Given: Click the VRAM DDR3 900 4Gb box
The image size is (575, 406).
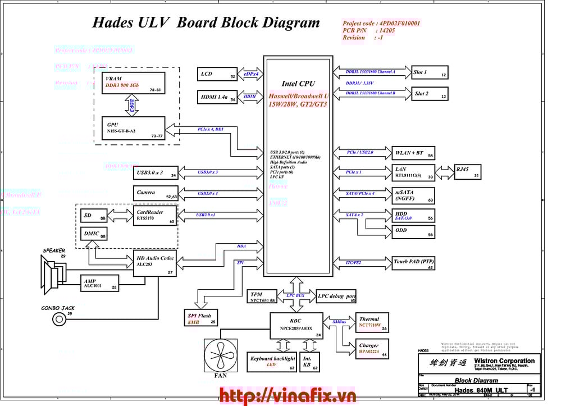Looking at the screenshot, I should pos(134,83).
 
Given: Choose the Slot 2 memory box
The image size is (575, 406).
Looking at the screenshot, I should pos(430,94).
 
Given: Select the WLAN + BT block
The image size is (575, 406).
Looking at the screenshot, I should pos(413,153).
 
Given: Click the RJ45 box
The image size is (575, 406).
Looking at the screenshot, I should pos(467,172).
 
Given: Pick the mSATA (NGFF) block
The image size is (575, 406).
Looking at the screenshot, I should pos(413,195).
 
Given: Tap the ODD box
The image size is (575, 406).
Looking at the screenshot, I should pos(413,231).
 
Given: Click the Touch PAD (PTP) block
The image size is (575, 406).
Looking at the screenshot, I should pos(413,263).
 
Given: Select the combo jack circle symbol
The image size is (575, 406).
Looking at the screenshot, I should pos(58,320).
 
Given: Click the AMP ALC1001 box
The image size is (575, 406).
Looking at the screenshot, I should pos(100,283).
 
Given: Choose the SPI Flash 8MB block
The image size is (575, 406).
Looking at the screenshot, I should pos(201,318).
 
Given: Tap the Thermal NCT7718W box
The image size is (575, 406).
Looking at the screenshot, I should pos(372,322).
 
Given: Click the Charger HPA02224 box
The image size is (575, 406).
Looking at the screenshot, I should pos(372,349).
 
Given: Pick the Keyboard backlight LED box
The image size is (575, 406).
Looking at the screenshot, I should pos(272,362).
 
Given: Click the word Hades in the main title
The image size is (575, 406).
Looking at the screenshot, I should pos(112,23).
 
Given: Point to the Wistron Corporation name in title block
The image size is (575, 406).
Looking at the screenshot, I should pos(504,361).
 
